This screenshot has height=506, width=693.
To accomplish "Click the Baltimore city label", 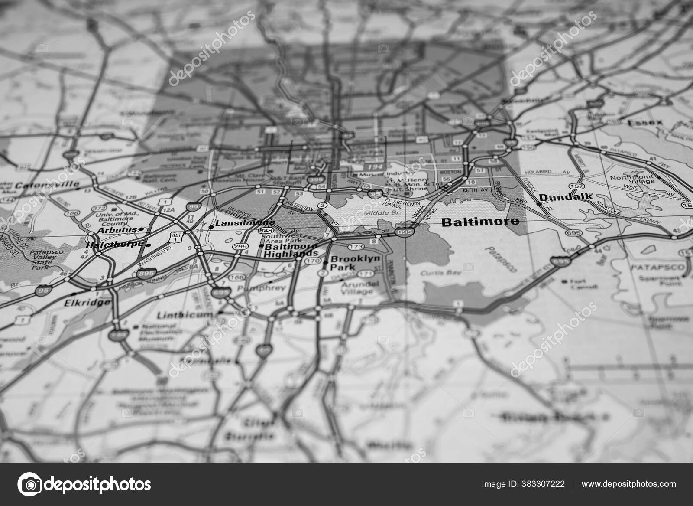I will click(480, 222).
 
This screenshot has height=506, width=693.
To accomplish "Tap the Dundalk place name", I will click(566, 197).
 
